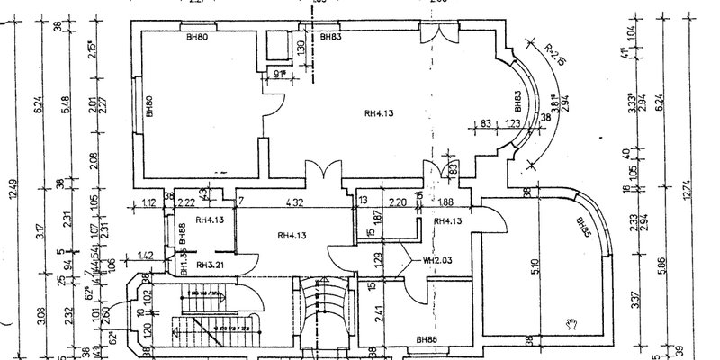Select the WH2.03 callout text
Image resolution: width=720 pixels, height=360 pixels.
436,261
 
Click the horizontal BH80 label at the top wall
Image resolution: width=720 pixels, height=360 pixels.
197,38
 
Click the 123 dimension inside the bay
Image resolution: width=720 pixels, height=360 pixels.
514,123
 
